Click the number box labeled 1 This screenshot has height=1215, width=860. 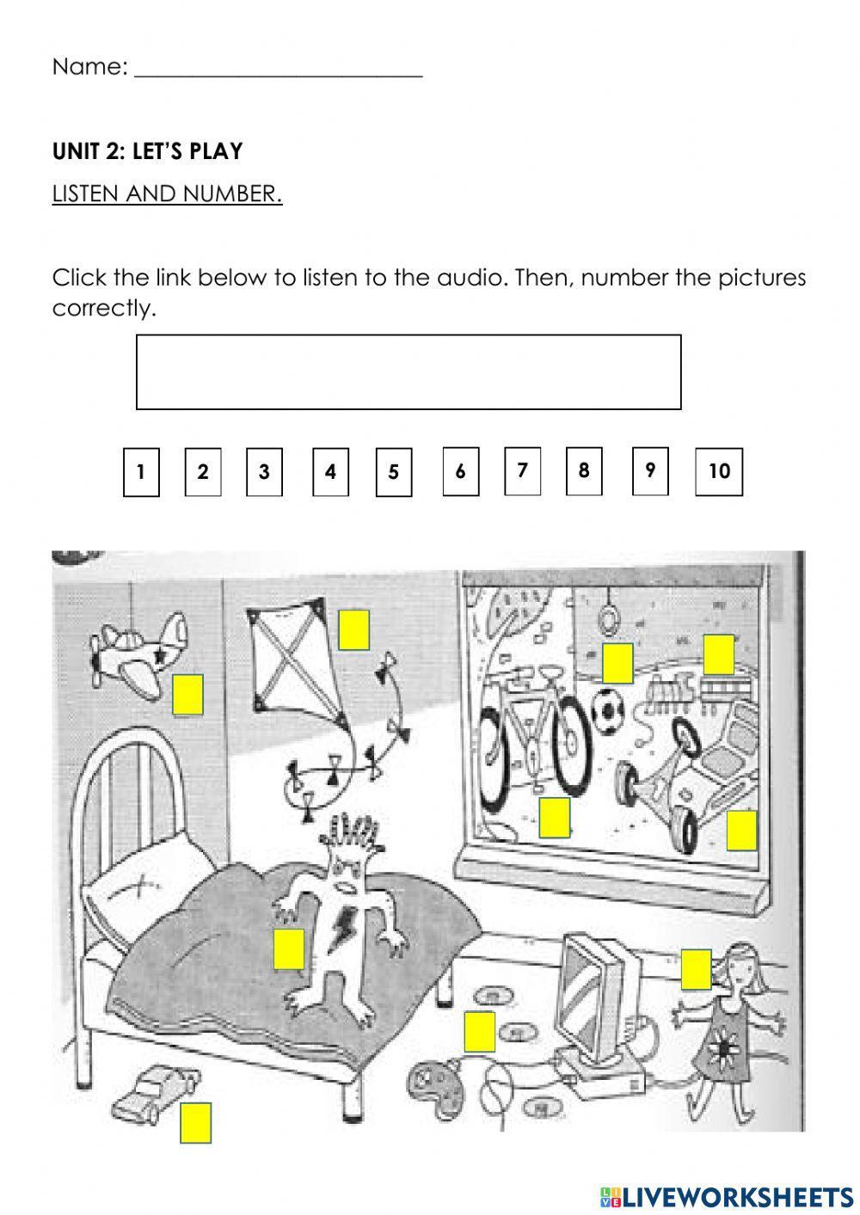(x=141, y=472)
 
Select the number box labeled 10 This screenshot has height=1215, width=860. (x=718, y=471)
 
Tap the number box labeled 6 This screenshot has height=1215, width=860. (x=460, y=471)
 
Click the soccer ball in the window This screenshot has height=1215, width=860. (x=608, y=708)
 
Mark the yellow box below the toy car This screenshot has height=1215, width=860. (x=195, y=1122)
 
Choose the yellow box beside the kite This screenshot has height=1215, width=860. (x=353, y=629)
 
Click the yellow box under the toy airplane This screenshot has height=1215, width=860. (x=187, y=695)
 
